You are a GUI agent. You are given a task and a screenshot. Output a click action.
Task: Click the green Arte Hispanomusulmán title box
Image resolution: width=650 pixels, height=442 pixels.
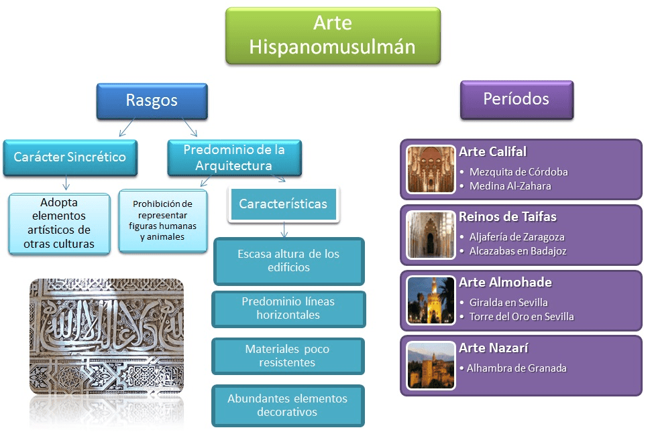[x=333, y=35]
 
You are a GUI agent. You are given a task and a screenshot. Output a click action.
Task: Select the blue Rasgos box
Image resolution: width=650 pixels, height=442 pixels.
[x=152, y=100]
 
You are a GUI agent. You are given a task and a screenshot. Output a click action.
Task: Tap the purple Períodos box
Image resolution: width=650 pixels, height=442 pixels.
[x=516, y=99]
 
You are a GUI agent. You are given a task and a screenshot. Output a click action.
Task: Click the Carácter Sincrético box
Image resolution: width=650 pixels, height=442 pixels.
[x=70, y=157]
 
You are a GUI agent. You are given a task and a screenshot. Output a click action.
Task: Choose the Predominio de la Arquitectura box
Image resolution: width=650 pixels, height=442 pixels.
[x=234, y=157]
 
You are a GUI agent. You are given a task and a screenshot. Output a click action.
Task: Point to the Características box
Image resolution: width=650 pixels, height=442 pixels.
[x=283, y=204]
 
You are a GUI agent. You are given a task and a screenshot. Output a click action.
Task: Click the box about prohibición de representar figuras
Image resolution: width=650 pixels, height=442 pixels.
[x=162, y=220]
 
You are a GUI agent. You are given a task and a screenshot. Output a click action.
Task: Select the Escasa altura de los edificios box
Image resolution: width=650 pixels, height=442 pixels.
[x=288, y=261]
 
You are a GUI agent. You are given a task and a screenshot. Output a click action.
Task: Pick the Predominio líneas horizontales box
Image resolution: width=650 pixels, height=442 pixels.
[x=288, y=308]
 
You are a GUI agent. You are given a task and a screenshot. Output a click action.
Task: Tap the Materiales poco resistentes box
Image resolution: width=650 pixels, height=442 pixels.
[x=288, y=356]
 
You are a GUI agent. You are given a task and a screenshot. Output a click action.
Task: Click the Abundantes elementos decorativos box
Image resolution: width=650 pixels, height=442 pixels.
[x=288, y=405]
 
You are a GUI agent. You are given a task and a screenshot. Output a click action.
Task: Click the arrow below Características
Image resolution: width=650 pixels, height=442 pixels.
[x=284, y=229]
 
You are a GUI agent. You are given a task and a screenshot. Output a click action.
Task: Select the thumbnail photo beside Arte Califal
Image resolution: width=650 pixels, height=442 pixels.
[x=431, y=169]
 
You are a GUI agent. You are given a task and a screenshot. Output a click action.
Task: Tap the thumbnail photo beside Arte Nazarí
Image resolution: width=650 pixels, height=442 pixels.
[x=431, y=366]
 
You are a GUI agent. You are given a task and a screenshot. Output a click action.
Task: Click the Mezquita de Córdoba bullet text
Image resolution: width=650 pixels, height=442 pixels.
[x=519, y=172]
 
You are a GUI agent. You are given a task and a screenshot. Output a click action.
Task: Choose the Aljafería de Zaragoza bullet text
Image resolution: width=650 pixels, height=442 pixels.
[x=517, y=237]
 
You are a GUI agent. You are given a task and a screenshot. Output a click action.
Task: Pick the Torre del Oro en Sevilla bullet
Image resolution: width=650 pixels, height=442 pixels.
[x=521, y=317]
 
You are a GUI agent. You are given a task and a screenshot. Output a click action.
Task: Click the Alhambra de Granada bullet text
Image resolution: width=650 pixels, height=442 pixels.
[x=517, y=368]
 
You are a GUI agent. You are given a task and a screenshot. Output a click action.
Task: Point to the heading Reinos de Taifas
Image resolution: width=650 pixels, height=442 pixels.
[x=507, y=217]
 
